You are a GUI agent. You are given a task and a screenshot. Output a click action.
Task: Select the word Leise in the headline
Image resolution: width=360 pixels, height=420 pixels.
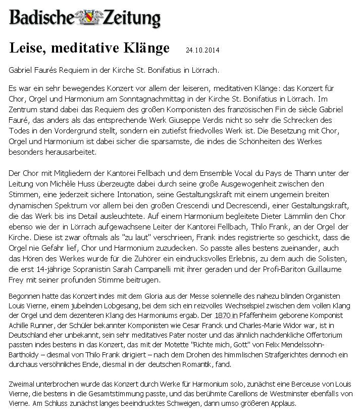click(27, 48)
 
